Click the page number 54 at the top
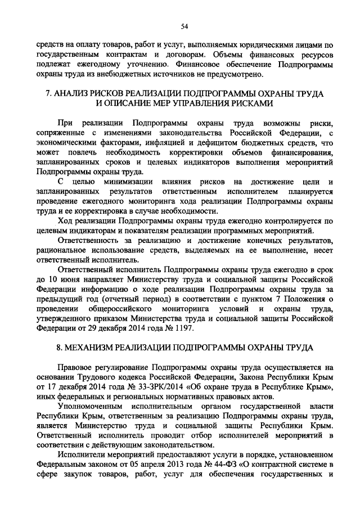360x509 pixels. tap(184, 26)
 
